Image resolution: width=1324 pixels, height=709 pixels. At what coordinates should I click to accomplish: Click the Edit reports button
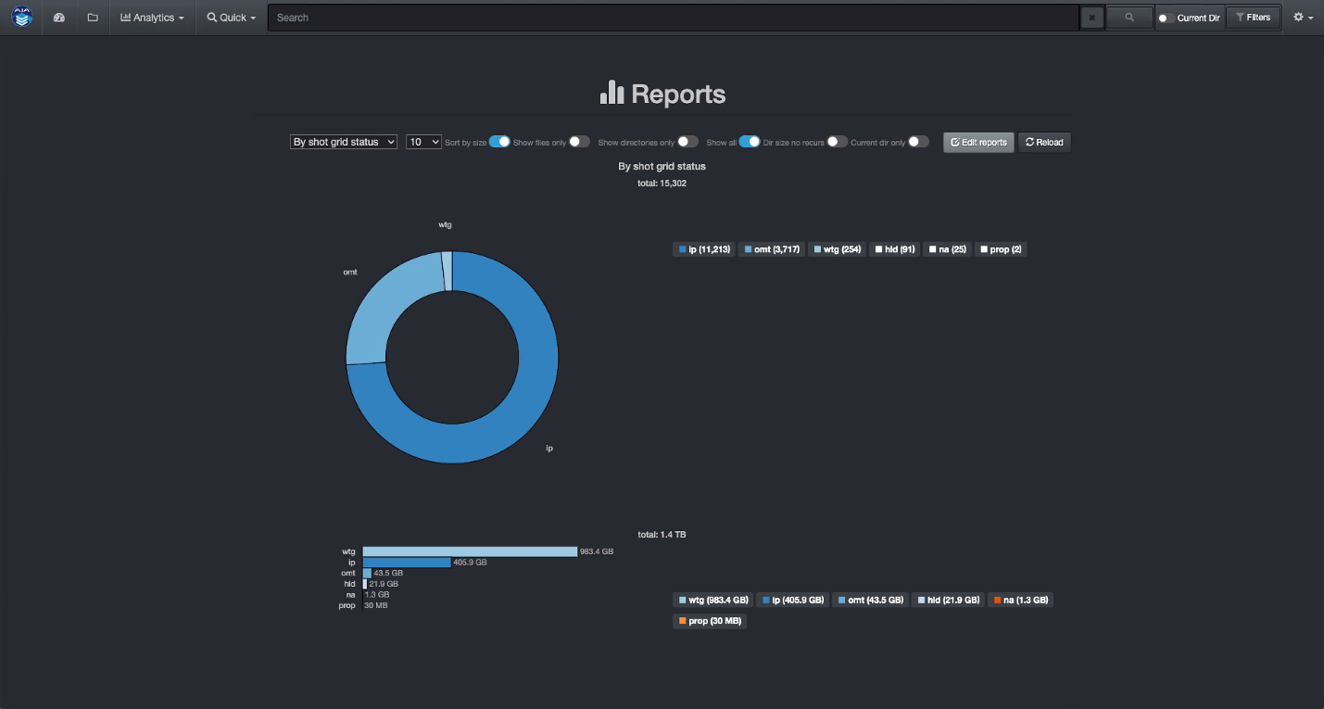tap(978, 142)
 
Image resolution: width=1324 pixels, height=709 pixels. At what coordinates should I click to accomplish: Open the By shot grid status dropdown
tap(344, 142)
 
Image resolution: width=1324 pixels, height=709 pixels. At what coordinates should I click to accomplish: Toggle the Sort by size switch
tap(499, 142)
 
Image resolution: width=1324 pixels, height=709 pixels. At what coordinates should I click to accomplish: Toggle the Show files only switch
tap(579, 142)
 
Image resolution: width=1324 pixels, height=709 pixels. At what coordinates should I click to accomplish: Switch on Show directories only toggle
tap(687, 142)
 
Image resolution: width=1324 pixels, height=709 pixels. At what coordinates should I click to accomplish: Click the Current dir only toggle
tap(918, 142)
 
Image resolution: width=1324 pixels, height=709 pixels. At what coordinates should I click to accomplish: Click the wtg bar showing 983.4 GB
tap(470, 551)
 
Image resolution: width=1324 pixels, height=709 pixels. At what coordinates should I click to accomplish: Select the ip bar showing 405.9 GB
tap(406, 563)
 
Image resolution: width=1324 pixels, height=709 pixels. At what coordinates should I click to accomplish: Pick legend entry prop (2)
tap(1000, 249)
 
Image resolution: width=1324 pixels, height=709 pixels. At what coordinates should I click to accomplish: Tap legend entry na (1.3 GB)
tap(1020, 600)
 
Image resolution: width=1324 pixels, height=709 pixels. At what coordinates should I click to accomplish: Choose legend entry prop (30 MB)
tap(709, 621)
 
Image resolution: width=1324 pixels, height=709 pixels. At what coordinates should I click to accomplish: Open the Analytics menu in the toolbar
tap(152, 18)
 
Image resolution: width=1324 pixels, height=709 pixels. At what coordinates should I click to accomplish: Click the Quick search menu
tap(231, 18)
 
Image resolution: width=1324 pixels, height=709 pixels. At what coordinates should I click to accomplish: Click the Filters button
tap(1253, 18)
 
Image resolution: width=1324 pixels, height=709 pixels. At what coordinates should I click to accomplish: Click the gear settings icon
tap(1303, 18)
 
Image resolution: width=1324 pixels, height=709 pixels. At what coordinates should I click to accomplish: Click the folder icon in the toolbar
tap(93, 18)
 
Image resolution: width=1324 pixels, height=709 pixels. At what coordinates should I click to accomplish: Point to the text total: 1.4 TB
tap(662, 535)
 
